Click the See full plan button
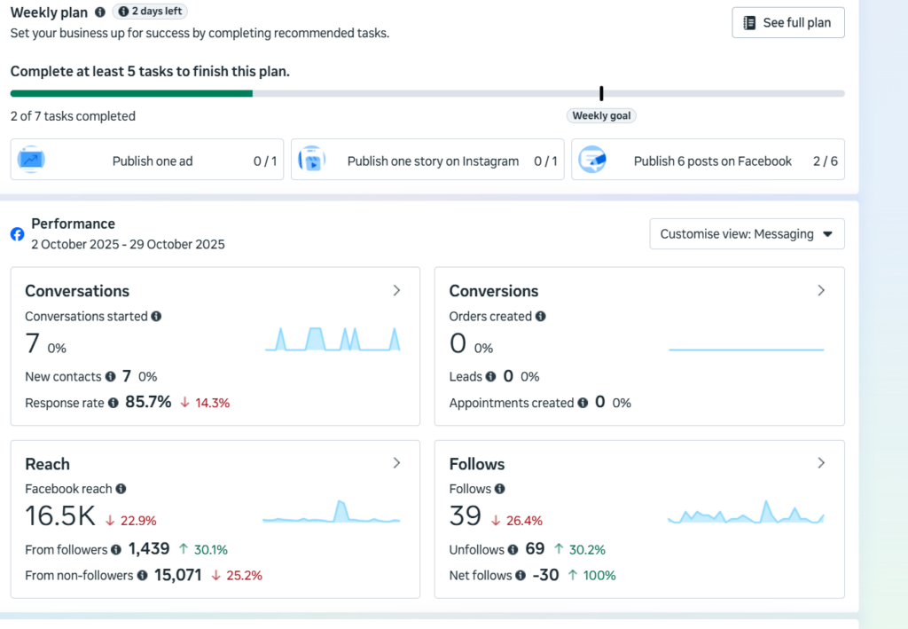click(788, 22)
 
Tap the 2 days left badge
click(150, 11)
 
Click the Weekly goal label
click(601, 116)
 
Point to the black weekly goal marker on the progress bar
click(602, 93)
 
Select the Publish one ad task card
click(147, 160)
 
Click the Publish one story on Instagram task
click(427, 160)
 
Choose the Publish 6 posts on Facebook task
click(708, 160)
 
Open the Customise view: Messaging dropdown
click(747, 234)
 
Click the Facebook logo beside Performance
click(18, 234)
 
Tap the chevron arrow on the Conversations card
click(396, 290)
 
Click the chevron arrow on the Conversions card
click(821, 290)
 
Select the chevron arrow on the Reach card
click(396, 463)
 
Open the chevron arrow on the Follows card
click(821, 463)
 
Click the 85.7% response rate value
click(148, 402)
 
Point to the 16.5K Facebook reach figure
click(60, 515)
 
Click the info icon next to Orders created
click(540, 316)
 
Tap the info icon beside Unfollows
click(513, 550)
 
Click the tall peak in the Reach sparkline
click(340, 501)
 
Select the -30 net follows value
click(545, 575)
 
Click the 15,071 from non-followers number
click(177, 575)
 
